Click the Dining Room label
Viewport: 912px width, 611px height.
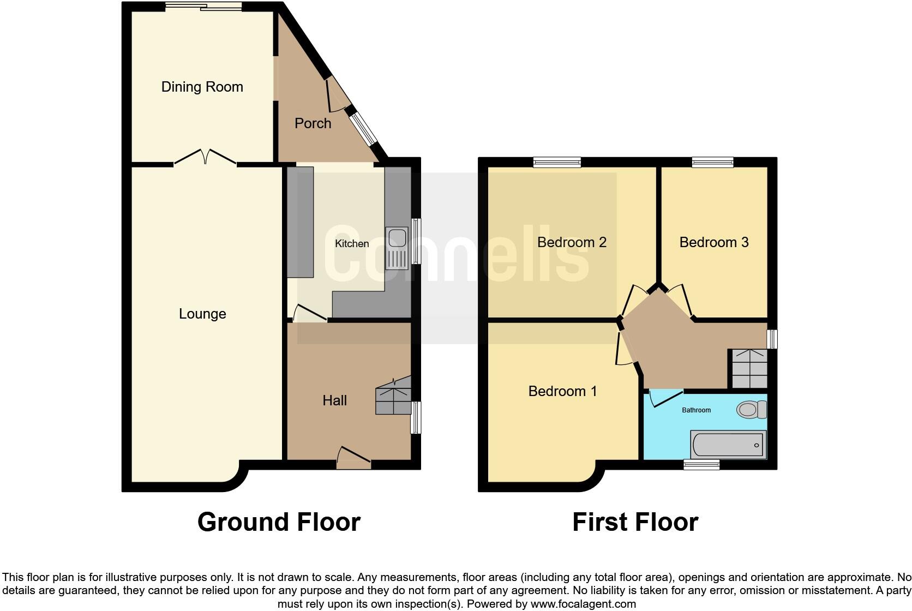tap(202, 87)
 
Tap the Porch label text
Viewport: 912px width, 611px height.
tap(313, 123)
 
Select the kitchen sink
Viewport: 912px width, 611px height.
tap(397, 248)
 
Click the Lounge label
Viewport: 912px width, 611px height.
tap(202, 314)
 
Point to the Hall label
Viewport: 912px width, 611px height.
tap(334, 400)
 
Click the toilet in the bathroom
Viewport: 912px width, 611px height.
tap(751, 409)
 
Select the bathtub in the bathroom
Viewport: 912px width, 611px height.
tap(728, 445)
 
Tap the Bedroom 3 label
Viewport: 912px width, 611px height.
tap(713, 242)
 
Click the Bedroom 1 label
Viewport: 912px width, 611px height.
tap(562, 391)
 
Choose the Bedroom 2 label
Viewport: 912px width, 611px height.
tap(572, 242)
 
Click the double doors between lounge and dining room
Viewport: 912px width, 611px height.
tap(205, 157)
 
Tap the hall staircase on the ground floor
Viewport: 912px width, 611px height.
tap(393, 396)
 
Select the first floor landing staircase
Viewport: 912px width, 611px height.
tap(749, 369)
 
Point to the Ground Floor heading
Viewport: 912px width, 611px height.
tap(279, 522)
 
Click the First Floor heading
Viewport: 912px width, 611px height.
tap(635, 522)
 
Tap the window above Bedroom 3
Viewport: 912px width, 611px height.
tap(712, 162)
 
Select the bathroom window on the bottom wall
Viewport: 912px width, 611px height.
tap(701, 464)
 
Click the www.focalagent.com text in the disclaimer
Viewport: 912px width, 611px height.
tap(583, 604)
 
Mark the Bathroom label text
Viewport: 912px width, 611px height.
tap(696, 410)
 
